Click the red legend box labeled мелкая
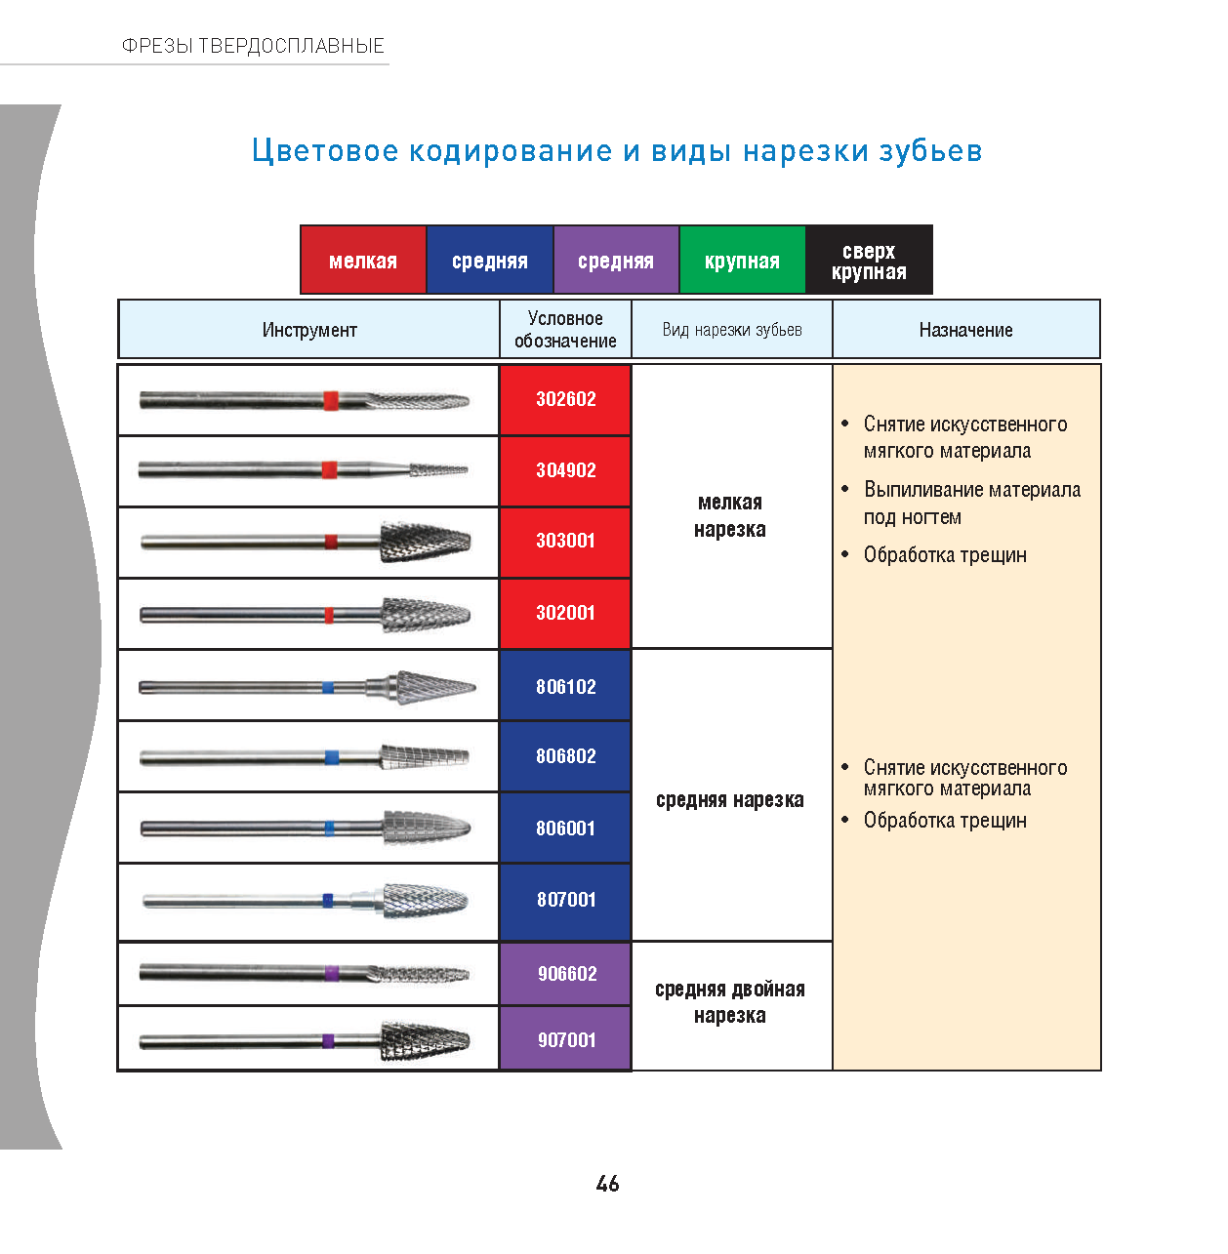pyautogui.click(x=363, y=260)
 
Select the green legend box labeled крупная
pyautogui.click(x=742, y=260)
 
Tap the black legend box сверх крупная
pyautogui.click(x=869, y=260)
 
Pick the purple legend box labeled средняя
pyautogui.click(x=616, y=260)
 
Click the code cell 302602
pyautogui.click(x=565, y=399)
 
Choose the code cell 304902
pyautogui.click(x=565, y=470)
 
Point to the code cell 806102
pyautogui.click(x=565, y=686)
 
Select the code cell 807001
pyautogui.click(x=565, y=901)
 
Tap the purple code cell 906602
pyautogui.click(x=565, y=974)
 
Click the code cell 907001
pyautogui.click(x=565, y=1039)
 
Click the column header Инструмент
pyautogui.click(x=309, y=330)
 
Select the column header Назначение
pyautogui.click(x=965, y=330)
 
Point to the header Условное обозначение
pyautogui.click(x=565, y=329)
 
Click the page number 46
pyautogui.click(x=607, y=1183)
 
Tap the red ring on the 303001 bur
pyautogui.click(x=331, y=542)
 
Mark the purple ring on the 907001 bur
pyautogui.click(x=328, y=1040)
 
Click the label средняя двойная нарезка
pyautogui.click(x=730, y=1002)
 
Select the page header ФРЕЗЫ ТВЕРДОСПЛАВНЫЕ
pyautogui.click(x=253, y=46)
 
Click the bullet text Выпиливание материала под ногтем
pyautogui.click(x=971, y=503)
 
